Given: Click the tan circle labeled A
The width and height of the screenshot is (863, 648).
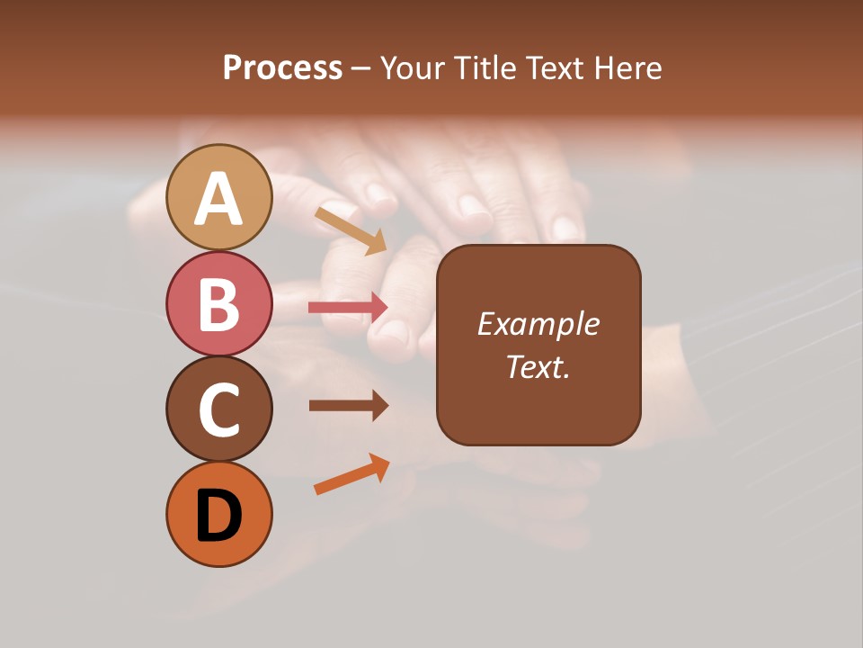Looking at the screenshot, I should pyautogui.click(x=218, y=197).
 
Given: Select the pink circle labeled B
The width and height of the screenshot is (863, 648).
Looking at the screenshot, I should pyautogui.click(x=218, y=303).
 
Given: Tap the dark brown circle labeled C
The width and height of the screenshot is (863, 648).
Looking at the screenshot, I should pyautogui.click(x=218, y=409).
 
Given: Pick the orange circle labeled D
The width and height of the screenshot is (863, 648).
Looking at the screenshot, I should pyautogui.click(x=218, y=514).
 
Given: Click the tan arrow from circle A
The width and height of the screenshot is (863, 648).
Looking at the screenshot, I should pyautogui.click(x=350, y=230).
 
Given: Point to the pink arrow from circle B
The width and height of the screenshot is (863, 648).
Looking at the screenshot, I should pyautogui.click(x=348, y=308).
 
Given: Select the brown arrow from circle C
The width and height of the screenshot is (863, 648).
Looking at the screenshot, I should pyautogui.click(x=348, y=406).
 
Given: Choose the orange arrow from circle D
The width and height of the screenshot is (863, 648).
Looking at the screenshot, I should pyautogui.click(x=351, y=474).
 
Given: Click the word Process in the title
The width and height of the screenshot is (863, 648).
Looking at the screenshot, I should pyautogui.click(x=282, y=68).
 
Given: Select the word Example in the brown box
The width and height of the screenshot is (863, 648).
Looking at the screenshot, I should pyautogui.click(x=538, y=324).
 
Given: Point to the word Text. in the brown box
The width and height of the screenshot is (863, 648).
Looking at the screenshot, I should pyautogui.click(x=538, y=366).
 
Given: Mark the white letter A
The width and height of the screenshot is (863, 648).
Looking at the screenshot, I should pyautogui.click(x=218, y=199).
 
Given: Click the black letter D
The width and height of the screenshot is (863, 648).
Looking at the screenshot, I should pyautogui.click(x=219, y=516).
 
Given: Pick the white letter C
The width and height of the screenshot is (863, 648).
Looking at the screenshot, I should pyautogui.click(x=218, y=409).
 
